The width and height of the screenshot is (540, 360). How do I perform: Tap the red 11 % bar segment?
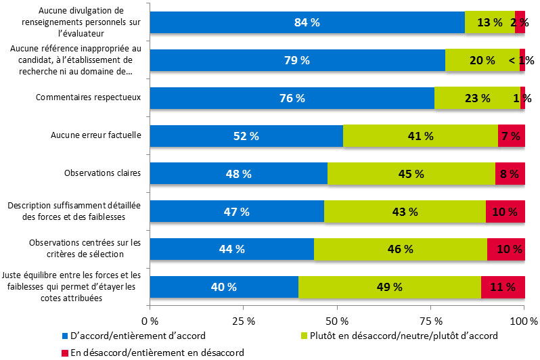pos(503,286)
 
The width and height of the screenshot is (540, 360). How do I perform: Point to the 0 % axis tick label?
pos(150,320)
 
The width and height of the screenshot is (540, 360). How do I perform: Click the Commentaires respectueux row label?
pos(88,97)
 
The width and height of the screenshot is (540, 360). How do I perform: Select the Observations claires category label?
pos(102,173)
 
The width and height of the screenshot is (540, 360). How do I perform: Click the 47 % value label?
pos(236,212)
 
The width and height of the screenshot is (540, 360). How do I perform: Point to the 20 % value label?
pos(481,60)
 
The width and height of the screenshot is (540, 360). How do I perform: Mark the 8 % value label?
pos(509,174)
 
